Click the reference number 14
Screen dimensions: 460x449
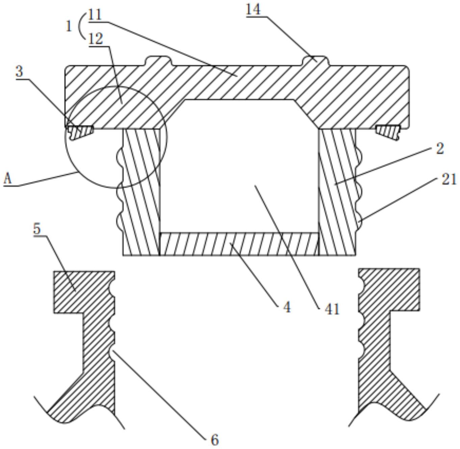(253, 10)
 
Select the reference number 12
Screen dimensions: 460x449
(96, 39)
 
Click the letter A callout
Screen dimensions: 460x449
(7, 179)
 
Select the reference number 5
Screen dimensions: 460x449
(37, 229)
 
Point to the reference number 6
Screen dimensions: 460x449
(214, 440)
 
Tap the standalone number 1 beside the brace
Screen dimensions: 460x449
(69, 27)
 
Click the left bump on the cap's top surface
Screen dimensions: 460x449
(158, 61)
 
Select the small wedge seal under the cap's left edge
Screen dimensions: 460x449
(80, 133)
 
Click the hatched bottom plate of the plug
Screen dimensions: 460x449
(239, 244)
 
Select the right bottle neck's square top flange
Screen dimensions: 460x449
(389, 290)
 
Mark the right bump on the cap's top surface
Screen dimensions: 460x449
(316, 61)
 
